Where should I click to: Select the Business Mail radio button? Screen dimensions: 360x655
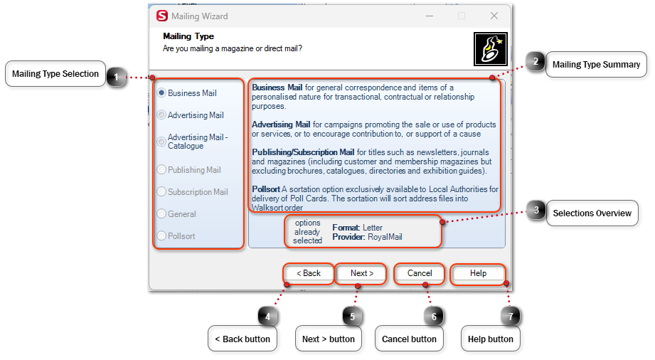pos(162,93)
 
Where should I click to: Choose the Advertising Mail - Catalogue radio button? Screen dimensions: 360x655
pos(162,142)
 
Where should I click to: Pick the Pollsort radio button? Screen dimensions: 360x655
pos(162,236)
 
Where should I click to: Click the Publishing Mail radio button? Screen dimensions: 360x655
pos(162,170)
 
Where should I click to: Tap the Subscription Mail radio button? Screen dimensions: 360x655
pos(162,192)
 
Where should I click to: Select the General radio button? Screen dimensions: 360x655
pos(162,214)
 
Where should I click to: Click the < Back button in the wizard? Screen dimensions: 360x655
pos(309,273)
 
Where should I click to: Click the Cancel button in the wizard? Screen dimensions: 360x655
pos(420,273)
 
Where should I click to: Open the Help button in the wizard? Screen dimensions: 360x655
pos(478,273)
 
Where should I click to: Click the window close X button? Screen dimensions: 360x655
pos(494,16)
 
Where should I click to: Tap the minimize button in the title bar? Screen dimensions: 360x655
pos(430,16)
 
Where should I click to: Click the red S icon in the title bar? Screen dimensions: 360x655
pos(162,16)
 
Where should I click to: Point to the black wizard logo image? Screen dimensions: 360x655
pos(490,49)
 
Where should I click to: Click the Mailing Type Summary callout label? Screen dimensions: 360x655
pos(596,65)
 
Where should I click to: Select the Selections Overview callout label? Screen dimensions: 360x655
pos(592,213)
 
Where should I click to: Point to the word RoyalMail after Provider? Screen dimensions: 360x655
pos(385,237)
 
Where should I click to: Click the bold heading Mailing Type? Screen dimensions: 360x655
pos(188,36)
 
